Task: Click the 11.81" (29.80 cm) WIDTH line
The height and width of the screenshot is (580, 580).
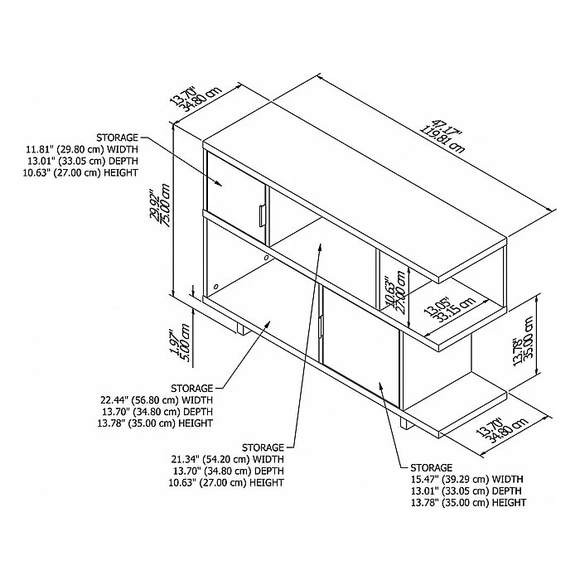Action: coord(81,149)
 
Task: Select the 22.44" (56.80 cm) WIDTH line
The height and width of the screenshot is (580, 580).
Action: coord(157,400)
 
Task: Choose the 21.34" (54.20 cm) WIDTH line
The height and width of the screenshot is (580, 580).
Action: coord(228,459)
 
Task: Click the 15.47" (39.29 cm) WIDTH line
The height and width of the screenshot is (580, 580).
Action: coord(467,480)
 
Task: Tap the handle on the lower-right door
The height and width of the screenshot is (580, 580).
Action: coord(321,326)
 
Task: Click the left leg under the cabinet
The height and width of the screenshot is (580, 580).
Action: coord(243,328)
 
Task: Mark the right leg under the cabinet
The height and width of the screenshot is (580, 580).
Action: coord(408,423)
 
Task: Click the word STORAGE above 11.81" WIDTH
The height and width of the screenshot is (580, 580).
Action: coord(117,138)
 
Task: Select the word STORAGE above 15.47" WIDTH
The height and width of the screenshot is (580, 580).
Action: coord(432,467)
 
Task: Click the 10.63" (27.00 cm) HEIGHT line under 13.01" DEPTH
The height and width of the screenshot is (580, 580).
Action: coord(80,172)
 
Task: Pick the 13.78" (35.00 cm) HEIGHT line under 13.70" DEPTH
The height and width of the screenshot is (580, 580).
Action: coord(156,423)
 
